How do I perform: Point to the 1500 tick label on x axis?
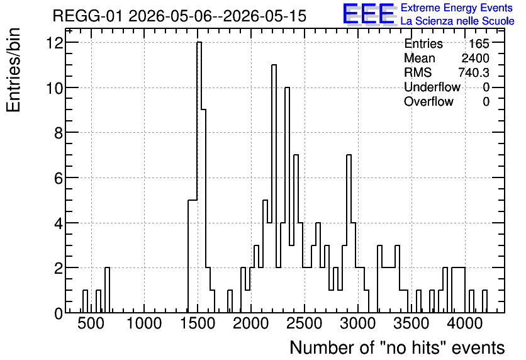click(x=198, y=323)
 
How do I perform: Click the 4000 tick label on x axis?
click(x=465, y=323)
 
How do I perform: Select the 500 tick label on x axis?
click(x=91, y=323)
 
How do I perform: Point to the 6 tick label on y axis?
click(x=59, y=178)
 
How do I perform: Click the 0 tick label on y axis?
click(x=59, y=313)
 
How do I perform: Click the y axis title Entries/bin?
click(x=14, y=70)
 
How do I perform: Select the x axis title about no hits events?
click(x=397, y=347)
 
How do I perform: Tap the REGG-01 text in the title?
click(x=87, y=16)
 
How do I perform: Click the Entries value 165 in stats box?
click(x=479, y=43)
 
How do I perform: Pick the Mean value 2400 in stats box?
click(x=475, y=58)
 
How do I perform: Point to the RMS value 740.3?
click(x=474, y=72)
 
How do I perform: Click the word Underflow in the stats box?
click(x=432, y=87)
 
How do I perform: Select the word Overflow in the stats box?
click(x=428, y=101)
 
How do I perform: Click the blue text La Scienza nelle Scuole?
click(x=457, y=21)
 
